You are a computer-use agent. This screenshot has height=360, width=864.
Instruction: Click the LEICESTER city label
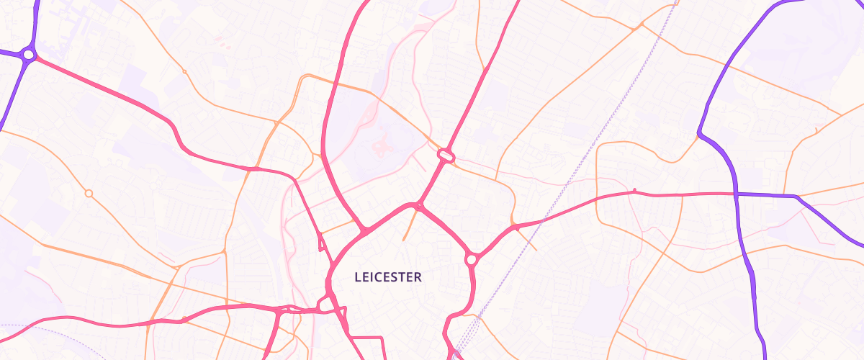tap(388, 276)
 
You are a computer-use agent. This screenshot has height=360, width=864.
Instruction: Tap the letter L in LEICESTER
tap(358, 276)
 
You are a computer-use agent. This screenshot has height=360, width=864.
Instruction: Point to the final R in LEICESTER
tap(418, 276)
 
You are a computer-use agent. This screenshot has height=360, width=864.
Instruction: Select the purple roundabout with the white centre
tap(28, 54)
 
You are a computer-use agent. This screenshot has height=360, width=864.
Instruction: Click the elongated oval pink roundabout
tap(445, 155)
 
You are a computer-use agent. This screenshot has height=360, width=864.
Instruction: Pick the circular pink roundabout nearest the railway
tap(472, 259)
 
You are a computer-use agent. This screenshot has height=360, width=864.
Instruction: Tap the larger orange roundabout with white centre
tap(89, 193)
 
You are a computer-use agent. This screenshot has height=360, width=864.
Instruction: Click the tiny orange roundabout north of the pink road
tap(184, 72)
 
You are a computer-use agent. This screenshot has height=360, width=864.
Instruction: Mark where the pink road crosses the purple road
tap(736, 194)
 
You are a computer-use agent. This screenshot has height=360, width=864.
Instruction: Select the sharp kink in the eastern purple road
tap(700, 133)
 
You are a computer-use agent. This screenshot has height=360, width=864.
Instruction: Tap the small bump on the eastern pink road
tap(634, 191)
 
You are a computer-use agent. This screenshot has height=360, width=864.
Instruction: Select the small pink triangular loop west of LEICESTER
tap(321, 243)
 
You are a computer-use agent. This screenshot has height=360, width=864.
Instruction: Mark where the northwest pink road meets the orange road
tap(253, 169)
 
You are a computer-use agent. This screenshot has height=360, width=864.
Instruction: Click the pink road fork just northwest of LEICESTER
tap(364, 230)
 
